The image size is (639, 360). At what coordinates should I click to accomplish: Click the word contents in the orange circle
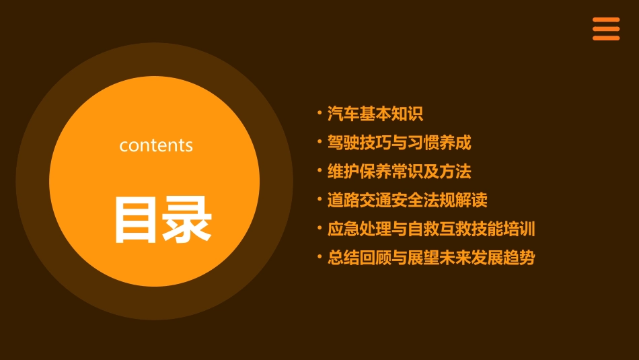pos(156,145)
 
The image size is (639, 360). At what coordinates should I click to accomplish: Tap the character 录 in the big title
pos(184,219)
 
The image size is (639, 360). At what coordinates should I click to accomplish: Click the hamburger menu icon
pos(605,29)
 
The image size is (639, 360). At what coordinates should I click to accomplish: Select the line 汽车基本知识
pos(375,114)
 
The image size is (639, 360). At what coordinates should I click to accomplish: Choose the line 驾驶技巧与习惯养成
pos(399,143)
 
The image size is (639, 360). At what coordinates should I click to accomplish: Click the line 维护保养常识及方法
pos(399,172)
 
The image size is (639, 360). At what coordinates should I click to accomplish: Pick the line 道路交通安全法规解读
pos(407,201)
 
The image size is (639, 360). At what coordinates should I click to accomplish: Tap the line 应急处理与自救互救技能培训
pos(431,229)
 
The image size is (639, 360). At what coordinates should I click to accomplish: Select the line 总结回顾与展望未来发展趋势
pos(431,258)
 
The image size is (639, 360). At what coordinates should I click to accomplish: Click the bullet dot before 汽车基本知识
pos(319,112)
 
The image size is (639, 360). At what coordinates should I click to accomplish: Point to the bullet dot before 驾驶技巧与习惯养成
pos(319,141)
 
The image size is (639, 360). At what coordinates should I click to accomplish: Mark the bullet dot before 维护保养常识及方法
pos(319,170)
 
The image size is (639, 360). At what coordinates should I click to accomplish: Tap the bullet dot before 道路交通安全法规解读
pos(319,199)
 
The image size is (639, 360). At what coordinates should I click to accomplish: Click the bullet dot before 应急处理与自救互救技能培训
pos(319,227)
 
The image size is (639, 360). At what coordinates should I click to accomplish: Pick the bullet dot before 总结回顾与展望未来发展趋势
pos(319,256)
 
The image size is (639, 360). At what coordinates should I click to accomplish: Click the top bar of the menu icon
pos(605,20)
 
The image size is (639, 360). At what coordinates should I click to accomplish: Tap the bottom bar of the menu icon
pos(605,38)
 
